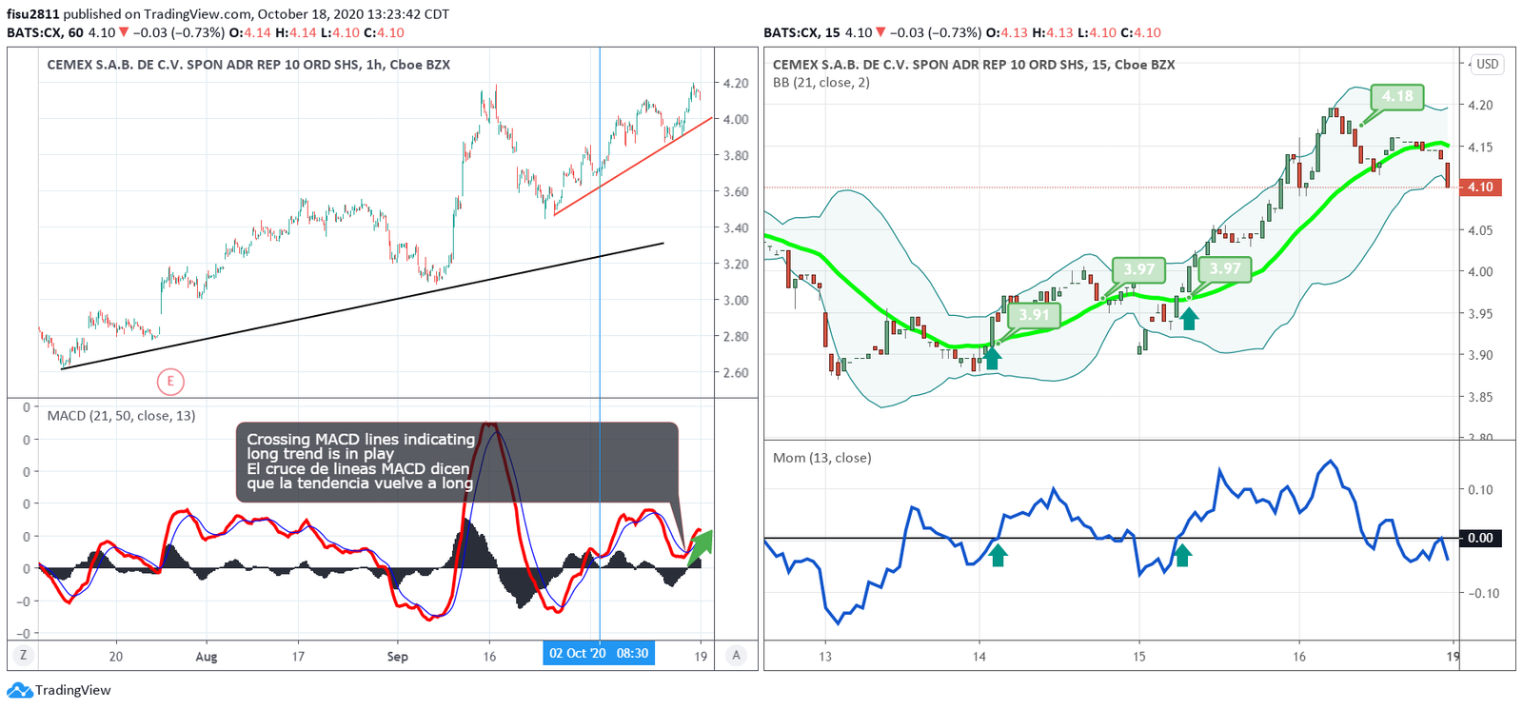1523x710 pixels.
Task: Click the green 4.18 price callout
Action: coord(1397,96)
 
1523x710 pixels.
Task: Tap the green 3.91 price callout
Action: coord(1034,315)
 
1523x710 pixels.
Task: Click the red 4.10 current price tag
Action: coord(1480,187)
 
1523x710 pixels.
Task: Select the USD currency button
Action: coord(1487,65)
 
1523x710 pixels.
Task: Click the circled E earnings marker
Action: coord(170,382)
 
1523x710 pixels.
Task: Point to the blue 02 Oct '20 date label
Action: coord(599,654)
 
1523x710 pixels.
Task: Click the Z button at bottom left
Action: coord(22,655)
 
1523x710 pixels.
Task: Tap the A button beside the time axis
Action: coord(735,655)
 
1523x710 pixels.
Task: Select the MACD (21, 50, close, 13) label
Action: coord(121,416)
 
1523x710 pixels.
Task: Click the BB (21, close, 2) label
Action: coord(821,83)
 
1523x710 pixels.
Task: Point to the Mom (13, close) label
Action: coord(821,458)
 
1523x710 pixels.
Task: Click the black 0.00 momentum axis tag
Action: coord(1479,538)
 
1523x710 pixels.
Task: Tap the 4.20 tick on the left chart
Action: coord(735,84)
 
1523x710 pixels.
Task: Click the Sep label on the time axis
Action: coord(397,657)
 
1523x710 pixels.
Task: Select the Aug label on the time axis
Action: coord(206,657)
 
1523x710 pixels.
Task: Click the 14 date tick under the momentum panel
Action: coord(979,657)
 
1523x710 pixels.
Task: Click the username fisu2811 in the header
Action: coord(32,14)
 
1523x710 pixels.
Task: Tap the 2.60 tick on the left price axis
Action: coord(735,373)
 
